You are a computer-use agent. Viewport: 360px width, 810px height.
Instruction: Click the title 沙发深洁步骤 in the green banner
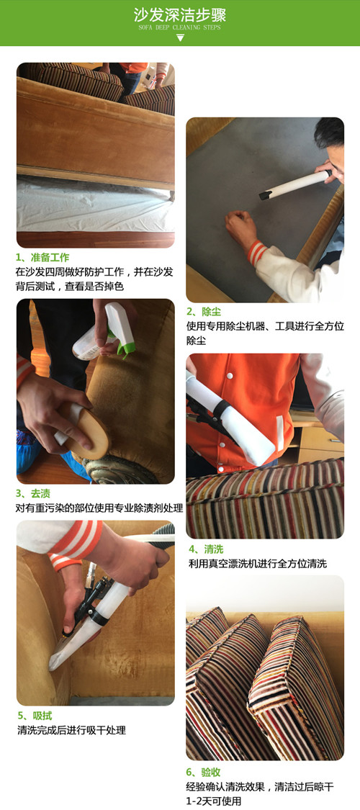click(180, 14)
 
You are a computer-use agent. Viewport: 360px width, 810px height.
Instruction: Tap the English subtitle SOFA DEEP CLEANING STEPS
click(180, 27)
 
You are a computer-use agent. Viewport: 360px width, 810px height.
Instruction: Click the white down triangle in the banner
click(180, 37)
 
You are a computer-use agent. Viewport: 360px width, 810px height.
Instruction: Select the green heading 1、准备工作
click(42, 257)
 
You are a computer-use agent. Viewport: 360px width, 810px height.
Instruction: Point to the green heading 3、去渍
click(33, 494)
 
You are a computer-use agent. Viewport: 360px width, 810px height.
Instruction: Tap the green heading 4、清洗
click(206, 549)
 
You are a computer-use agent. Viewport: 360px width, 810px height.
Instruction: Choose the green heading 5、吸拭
click(35, 716)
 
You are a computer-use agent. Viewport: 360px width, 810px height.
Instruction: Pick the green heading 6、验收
click(204, 773)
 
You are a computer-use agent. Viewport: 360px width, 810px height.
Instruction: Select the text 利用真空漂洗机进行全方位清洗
click(258, 564)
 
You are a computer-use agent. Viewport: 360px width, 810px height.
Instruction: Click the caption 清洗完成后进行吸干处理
click(71, 731)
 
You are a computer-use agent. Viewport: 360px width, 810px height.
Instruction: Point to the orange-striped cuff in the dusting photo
click(257, 251)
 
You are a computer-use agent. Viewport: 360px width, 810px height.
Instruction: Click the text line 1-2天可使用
click(213, 801)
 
